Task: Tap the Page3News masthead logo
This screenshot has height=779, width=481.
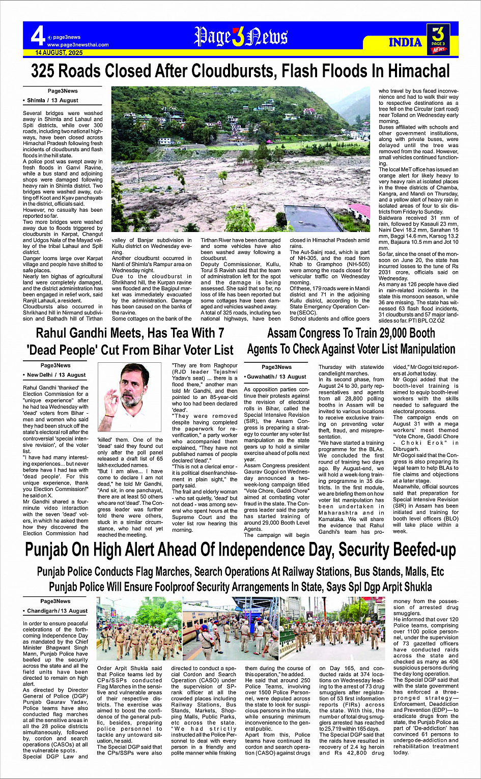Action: pyautogui.click(x=241, y=37)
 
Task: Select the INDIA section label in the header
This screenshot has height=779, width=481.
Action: pyautogui.click(x=405, y=42)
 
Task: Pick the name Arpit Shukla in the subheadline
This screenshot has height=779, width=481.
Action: pyautogui.click(x=406, y=587)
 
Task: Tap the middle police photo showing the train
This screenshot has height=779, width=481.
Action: pyautogui.click(x=231, y=628)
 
